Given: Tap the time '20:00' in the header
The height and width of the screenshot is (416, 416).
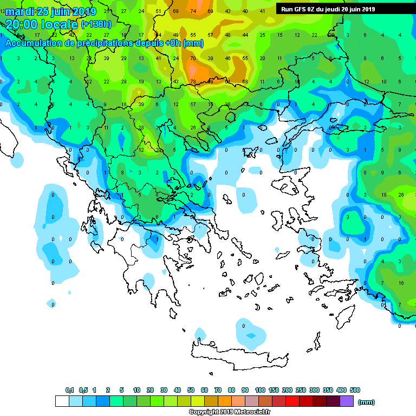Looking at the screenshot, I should click(21, 24).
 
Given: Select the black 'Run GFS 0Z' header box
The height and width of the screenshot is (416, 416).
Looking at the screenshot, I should click(328, 9).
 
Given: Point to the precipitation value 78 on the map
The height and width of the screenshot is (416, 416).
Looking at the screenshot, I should click(193, 82).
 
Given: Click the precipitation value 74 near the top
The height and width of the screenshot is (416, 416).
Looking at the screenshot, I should click(193, 11).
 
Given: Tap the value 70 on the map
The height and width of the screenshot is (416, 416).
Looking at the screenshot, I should click(193, 58).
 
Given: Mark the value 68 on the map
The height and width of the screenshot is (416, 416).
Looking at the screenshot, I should click(245, 82).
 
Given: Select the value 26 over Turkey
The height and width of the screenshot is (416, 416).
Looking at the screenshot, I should click(401, 195).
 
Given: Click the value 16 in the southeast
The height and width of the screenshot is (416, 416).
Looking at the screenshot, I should click(401, 283).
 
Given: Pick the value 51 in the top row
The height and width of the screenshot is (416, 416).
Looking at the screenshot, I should click(158, 11).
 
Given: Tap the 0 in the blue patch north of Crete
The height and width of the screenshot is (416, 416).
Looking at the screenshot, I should click(244, 326).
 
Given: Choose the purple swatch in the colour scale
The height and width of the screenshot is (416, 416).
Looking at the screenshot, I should click(347, 401).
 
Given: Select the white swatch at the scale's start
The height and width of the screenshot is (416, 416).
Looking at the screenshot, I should click(62, 401).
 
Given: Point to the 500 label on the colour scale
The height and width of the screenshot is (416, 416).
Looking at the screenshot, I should click(355, 390).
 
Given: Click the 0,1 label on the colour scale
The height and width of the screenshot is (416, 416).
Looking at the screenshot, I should click(70, 390).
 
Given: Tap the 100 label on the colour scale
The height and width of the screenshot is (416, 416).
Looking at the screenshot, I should click(260, 390).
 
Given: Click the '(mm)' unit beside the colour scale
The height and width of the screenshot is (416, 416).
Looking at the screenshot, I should click(367, 402).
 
